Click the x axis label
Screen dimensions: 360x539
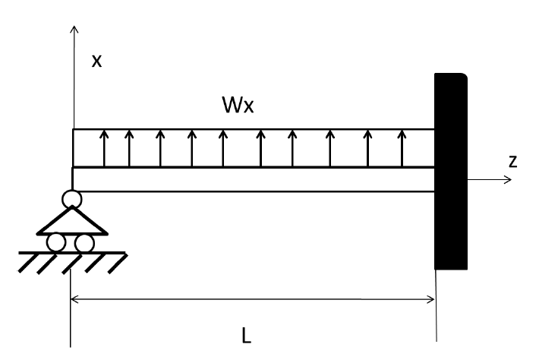[x=96, y=61]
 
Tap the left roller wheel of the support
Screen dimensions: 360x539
[x=56, y=243]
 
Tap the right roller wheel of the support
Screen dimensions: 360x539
[x=84, y=243]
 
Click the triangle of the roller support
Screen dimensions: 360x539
[x=72, y=222]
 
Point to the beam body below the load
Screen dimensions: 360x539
[x=251, y=179]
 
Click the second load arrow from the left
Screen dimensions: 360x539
[x=129, y=148]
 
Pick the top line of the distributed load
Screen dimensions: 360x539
[x=251, y=130]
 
